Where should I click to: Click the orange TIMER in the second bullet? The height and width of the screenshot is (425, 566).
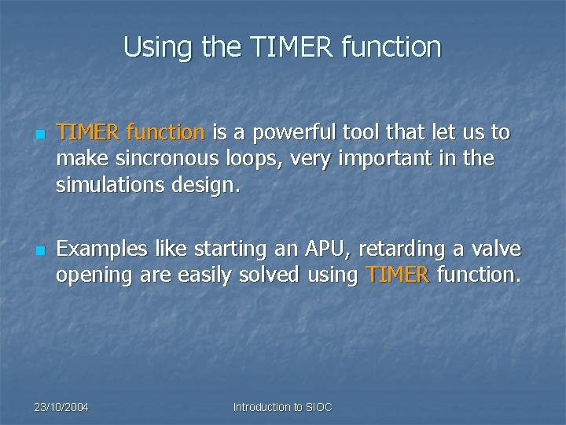click(x=398, y=275)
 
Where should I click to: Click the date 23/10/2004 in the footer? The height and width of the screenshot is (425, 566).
click(x=61, y=407)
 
